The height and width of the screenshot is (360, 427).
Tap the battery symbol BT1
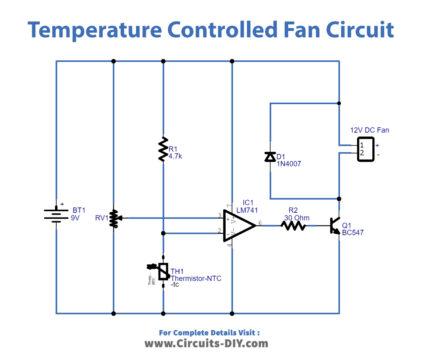[x=55, y=215]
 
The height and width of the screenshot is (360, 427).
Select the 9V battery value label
[x=77, y=219]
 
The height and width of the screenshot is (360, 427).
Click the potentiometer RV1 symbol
[x=114, y=217]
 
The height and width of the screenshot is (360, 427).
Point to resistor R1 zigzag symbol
[x=160, y=151]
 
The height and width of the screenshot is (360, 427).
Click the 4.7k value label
[x=178, y=157]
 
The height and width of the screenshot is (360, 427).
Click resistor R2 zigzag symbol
[x=293, y=227]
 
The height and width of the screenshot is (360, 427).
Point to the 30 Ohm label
[x=297, y=216]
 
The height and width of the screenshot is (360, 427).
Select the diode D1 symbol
[x=269, y=156]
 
